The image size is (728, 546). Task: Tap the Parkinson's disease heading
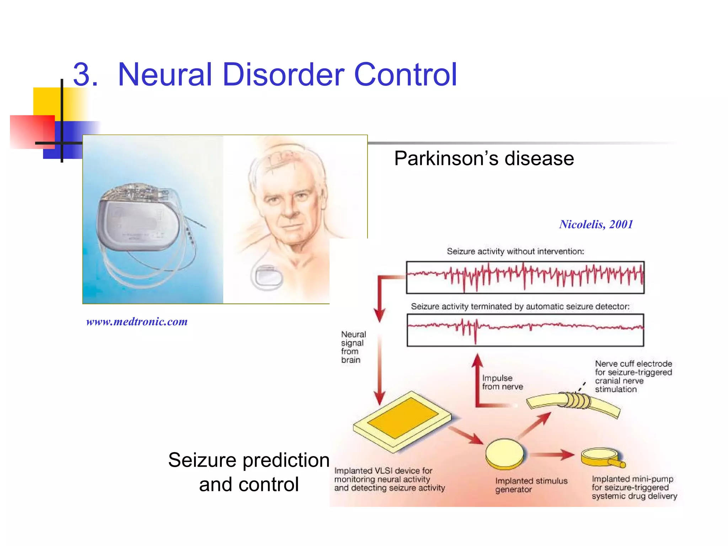pos(484,158)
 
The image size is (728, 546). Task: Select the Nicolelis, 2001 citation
pos(596,224)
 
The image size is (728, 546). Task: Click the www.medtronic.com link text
pos(137,322)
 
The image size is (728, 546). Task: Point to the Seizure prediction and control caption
pos(249,472)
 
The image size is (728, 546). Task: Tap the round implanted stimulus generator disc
pos(504,454)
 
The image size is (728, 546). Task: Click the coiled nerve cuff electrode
pos(578,401)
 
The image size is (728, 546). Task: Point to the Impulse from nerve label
pos(502,382)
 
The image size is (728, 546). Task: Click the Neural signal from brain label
pos(353,347)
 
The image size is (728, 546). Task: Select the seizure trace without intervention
pos(525,277)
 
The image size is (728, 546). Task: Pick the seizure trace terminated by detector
pos(525,330)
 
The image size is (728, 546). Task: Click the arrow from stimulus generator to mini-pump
pos(553,454)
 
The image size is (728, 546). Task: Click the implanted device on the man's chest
pos(267,277)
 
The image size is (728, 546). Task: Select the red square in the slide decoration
pos(32,132)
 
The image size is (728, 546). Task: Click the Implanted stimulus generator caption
pos(531,485)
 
